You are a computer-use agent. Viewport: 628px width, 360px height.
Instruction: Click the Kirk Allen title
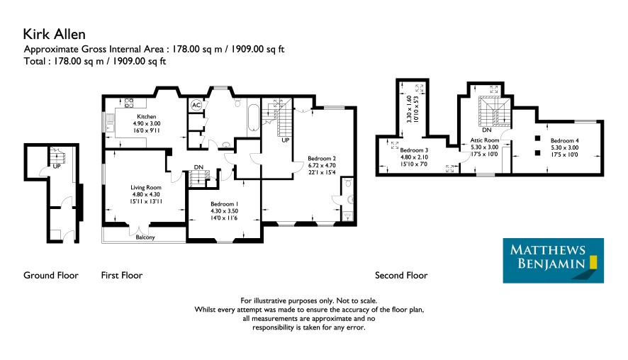(54, 34)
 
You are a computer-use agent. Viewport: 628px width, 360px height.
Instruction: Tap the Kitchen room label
(147, 116)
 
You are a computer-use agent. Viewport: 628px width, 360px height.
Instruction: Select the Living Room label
(146, 187)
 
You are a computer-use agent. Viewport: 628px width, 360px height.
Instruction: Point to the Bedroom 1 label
(224, 204)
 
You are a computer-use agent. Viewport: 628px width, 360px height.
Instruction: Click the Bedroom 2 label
(322, 158)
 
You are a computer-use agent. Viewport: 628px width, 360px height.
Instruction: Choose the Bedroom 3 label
(414, 150)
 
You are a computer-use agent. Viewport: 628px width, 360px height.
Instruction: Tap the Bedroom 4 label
(565, 140)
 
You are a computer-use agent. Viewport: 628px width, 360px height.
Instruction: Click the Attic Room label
(485, 140)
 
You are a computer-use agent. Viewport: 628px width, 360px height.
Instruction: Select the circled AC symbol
(196, 106)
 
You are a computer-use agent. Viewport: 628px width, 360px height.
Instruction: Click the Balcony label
(145, 237)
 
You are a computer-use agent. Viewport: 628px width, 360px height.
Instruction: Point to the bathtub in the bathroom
(253, 118)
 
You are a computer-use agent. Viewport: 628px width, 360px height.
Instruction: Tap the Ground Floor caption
(51, 275)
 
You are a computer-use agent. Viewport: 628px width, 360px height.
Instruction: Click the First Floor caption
(122, 275)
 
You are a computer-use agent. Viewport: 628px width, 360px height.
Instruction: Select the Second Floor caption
(401, 275)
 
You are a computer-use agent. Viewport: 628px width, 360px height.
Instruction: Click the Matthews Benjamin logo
(553, 261)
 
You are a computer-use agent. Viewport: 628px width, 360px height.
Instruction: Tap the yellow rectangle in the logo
(593, 261)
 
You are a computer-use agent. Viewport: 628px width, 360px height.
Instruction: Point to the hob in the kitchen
(129, 103)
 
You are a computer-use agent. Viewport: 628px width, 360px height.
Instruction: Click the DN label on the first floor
(198, 167)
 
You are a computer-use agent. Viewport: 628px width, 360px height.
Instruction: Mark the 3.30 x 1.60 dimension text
(409, 109)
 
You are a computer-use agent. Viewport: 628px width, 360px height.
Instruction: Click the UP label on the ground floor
(57, 166)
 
